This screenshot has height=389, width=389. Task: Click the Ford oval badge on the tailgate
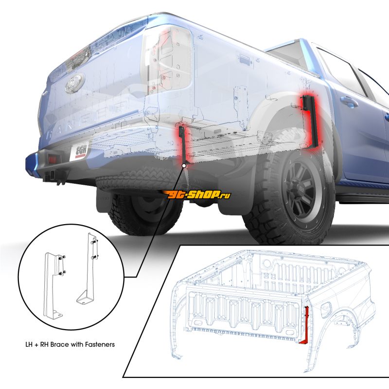[x=75, y=83]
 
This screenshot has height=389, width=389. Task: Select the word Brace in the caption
[x=60, y=344]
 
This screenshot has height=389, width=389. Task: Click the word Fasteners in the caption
[x=100, y=344]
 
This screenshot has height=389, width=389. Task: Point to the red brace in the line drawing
[x=305, y=325]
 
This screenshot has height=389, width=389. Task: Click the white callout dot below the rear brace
[x=184, y=165]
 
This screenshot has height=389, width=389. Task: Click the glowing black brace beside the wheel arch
[x=311, y=122]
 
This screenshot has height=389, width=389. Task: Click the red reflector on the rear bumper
[x=53, y=159]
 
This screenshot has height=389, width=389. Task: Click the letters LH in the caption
[x=29, y=344]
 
